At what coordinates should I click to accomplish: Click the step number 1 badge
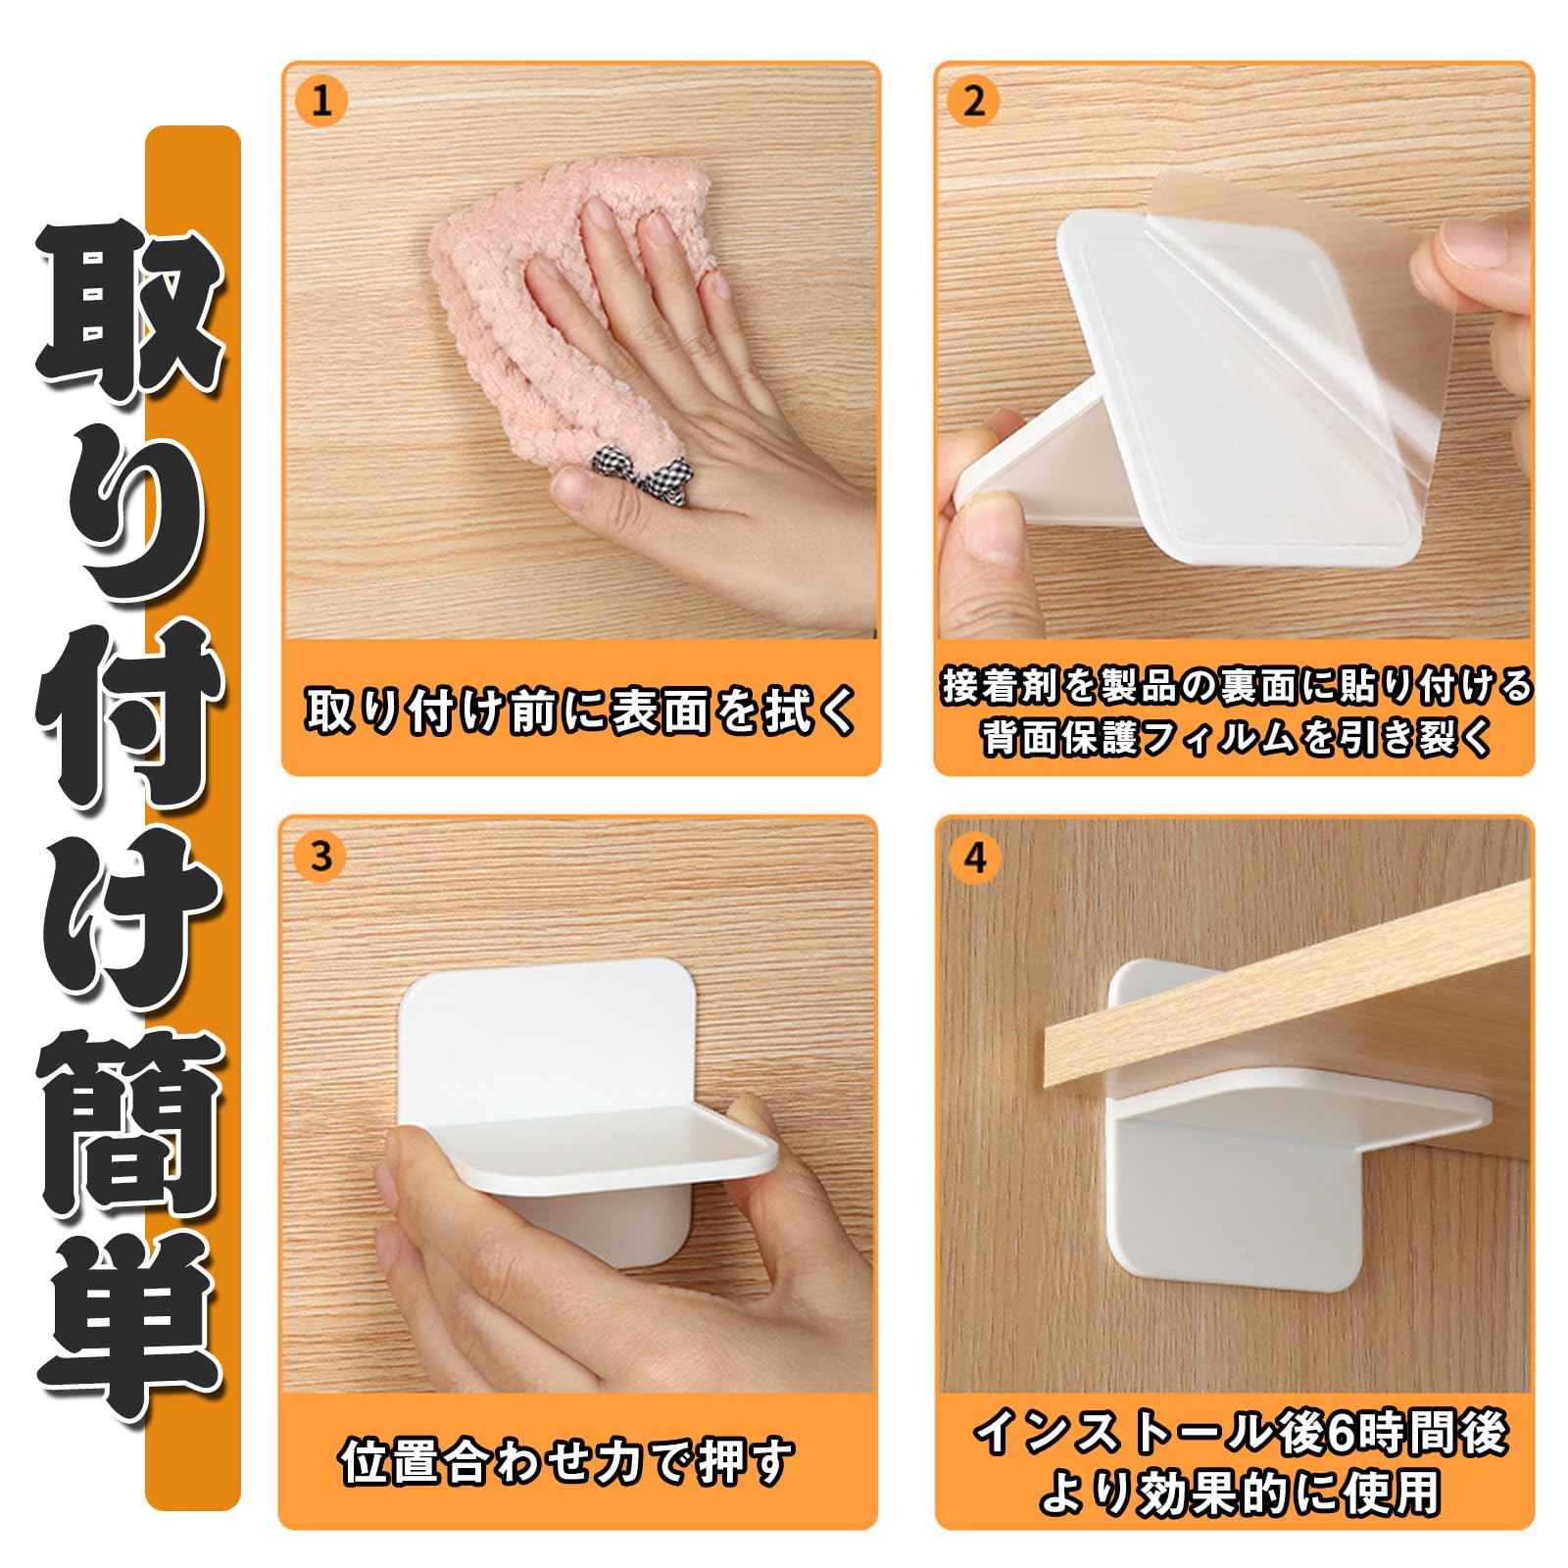tap(321, 100)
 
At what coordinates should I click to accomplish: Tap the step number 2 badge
tap(973, 101)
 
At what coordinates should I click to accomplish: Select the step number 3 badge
tap(320, 857)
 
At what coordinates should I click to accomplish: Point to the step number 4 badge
tap(973, 858)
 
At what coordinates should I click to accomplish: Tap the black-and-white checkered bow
tap(632, 469)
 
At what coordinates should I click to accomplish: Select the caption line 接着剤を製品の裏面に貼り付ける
tap(1236, 685)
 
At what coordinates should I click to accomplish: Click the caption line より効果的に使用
tap(1240, 1493)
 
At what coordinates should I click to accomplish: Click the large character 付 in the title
tap(132, 720)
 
